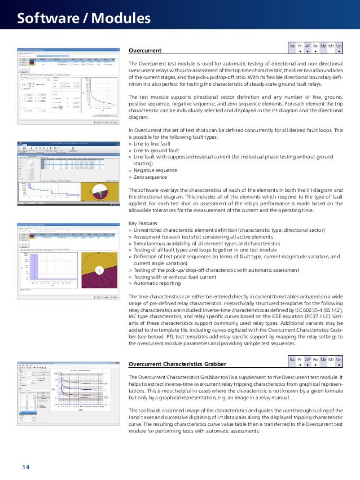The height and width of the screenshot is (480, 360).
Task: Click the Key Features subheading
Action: [144, 222]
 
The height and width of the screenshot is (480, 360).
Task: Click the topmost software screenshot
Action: [68, 86]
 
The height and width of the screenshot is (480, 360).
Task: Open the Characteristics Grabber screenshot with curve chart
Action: [68, 397]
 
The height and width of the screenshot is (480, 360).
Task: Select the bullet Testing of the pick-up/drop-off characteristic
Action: [219, 270]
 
